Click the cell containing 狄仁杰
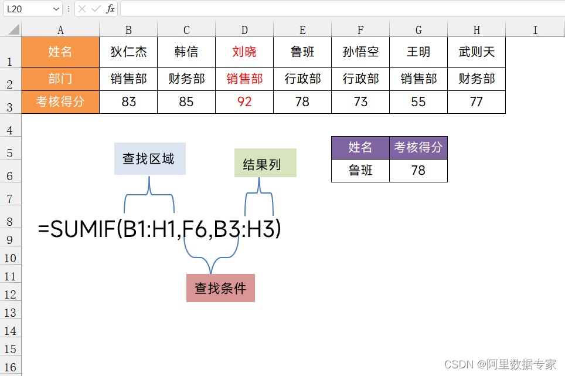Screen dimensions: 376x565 pyautogui.click(x=128, y=52)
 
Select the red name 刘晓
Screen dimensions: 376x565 pyautogui.click(x=244, y=52)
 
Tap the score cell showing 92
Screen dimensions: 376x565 pyautogui.click(x=244, y=102)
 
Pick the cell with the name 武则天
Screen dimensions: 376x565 pyautogui.click(x=476, y=52)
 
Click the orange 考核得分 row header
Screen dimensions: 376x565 pyautogui.click(x=60, y=102)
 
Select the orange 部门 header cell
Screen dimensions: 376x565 pyautogui.click(x=60, y=79)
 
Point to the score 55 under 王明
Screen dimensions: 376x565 pyautogui.click(x=418, y=102)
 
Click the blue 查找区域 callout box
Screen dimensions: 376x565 pyautogui.click(x=149, y=159)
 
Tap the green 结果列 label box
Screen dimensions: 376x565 pyautogui.click(x=265, y=163)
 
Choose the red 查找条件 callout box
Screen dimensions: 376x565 pyautogui.click(x=220, y=288)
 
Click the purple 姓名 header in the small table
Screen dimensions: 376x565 pyautogui.click(x=360, y=147)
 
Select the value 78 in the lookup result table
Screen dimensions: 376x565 pyautogui.click(x=418, y=171)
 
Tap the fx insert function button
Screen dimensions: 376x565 pyautogui.click(x=110, y=9)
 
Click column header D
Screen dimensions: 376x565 pyautogui.click(x=244, y=30)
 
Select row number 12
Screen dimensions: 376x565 pyautogui.click(x=11, y=294)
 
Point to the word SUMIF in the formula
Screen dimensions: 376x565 pyautogui.click(x=83, y=229)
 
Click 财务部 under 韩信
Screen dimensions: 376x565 pyautogui.click(x=186, y=79)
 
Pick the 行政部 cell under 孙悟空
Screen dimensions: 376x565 pyautogui.click(x=360, y=79)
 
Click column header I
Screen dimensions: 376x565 pyautogui.click(x=535, y=30)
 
